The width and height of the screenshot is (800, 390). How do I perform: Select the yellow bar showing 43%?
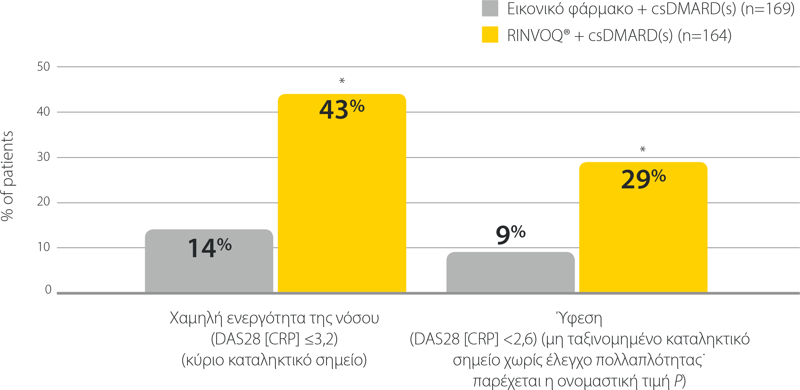click(x=342, y=200)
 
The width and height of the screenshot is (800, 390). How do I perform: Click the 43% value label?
click(x=342, y=109)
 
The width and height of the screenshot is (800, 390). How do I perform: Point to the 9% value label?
click(x=510, y=234)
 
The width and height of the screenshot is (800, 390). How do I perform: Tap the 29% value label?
click(x=643, y=179)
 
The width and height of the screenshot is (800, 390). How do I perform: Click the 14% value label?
click(x=210, y=248)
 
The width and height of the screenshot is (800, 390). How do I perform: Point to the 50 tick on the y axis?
click(x=43, y=67)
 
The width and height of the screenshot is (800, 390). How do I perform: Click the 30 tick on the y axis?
click(x=43, y=157)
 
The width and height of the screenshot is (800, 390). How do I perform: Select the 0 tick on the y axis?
click(x=48, y=290)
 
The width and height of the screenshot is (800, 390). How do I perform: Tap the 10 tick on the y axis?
click(x=43, y=247)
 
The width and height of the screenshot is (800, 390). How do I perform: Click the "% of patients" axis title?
click(x=8, y=176)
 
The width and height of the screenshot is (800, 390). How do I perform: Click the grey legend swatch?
click(x=490, y=8)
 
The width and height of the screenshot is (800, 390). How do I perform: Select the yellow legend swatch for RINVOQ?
click(x=490, y=35)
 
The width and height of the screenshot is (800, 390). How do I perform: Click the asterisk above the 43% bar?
click(x=342, y=80)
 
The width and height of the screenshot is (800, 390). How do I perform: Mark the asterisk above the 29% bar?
click(x=643, y=149)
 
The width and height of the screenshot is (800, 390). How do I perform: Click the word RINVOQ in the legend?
click(x=535, y=36)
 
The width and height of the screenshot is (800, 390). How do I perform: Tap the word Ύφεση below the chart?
click(x=579, y=318)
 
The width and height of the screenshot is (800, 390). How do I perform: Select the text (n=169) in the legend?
click(x=767, y=9)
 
